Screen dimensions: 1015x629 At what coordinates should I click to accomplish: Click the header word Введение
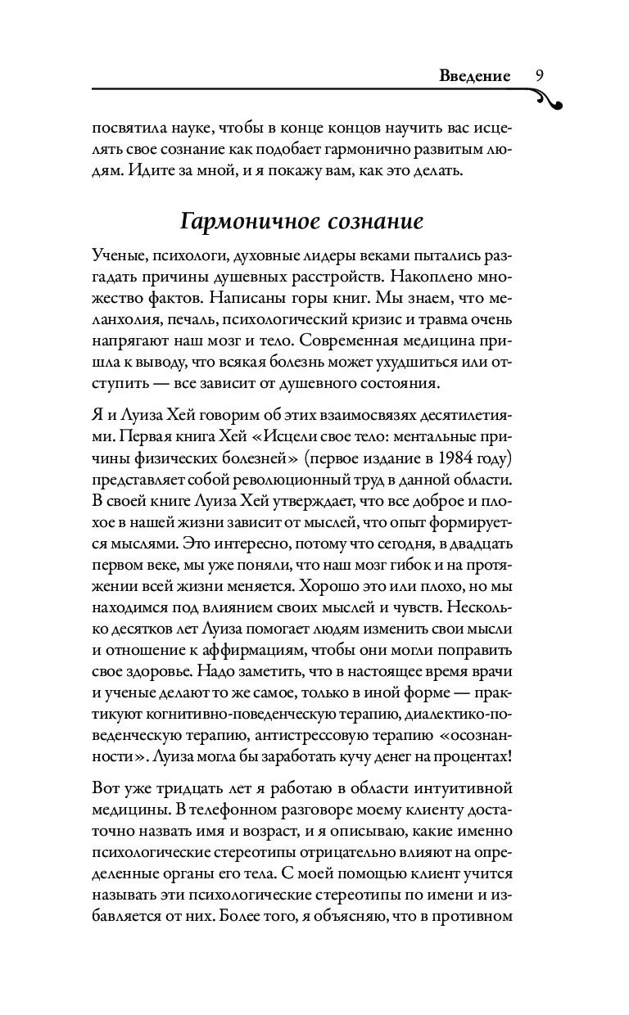click(474, 76)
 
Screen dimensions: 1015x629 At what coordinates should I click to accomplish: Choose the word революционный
click(282, 475)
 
